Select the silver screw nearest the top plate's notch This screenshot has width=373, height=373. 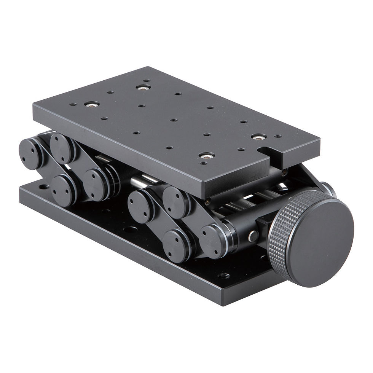coord(258,137)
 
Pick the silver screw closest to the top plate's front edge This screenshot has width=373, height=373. coord(206,155)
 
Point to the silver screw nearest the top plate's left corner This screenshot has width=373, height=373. coord(92,104)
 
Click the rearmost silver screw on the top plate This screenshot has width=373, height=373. coord(143,87)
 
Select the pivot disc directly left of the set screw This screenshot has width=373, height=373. coord(214,241)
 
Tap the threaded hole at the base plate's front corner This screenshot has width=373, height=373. coord(223,276)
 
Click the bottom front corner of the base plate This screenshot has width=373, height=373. coord(225,305)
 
